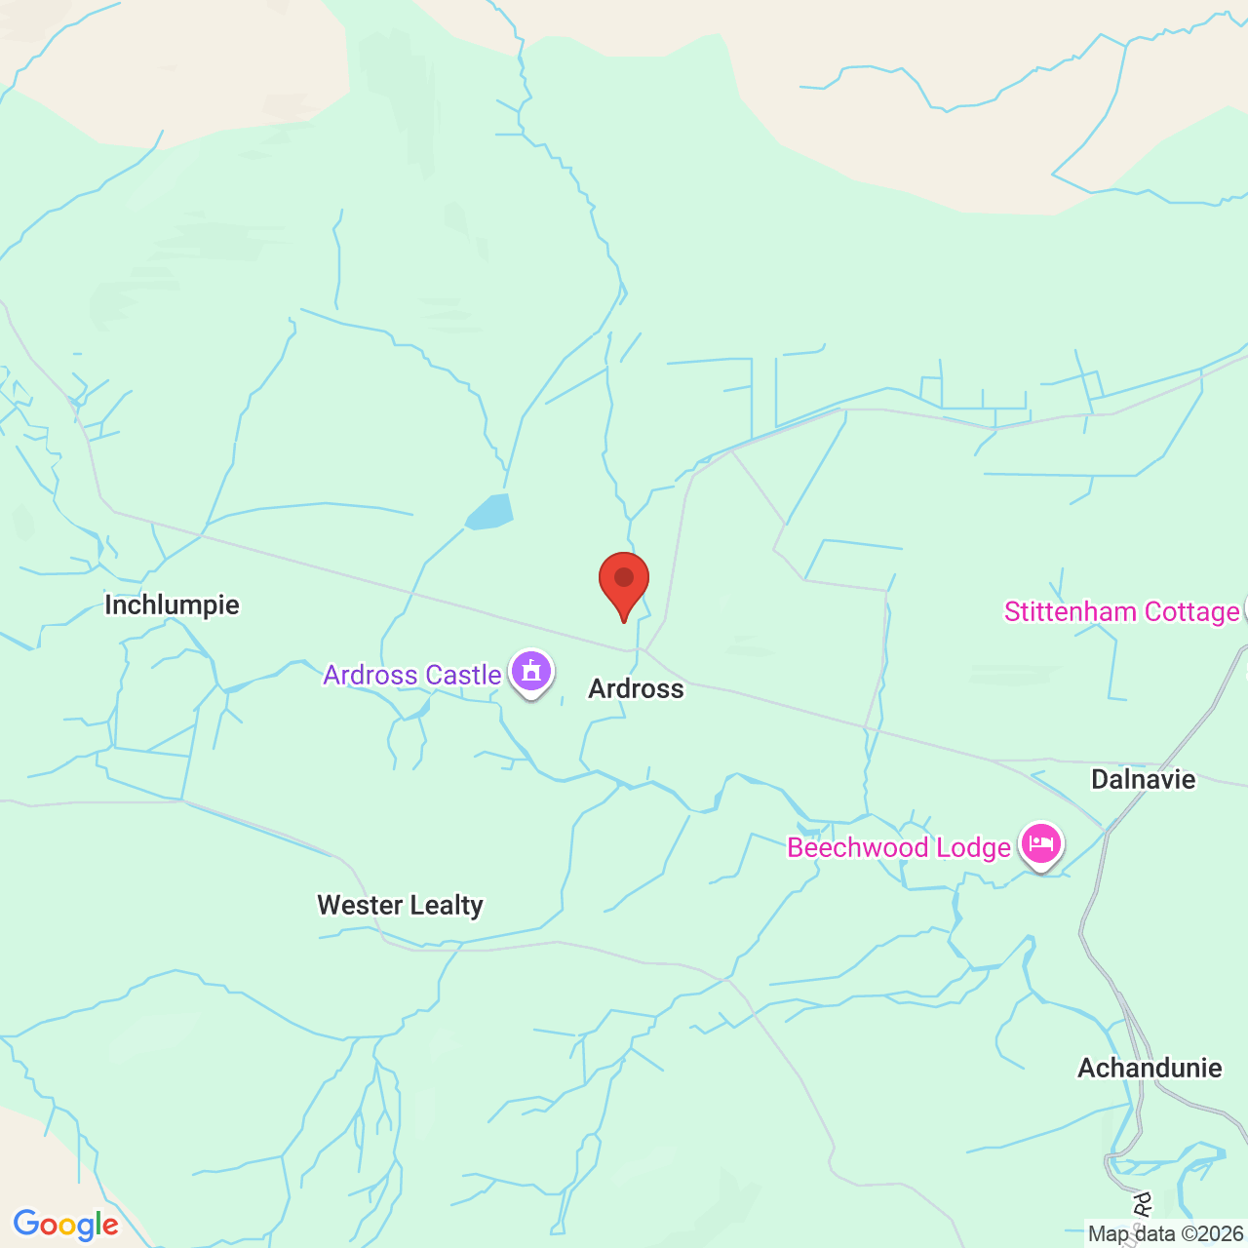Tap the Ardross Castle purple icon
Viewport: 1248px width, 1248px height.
click(x=531, y=672)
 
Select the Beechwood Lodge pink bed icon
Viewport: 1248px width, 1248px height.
click(x=1041, y=844)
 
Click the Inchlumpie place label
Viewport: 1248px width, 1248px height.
click(x=172, y=605)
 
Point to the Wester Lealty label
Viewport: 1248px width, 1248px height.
click(x=400, y=906)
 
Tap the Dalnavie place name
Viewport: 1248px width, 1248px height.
click(x=1143, y=779)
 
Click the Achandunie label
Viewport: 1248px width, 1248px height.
click(x=1150, y=1068)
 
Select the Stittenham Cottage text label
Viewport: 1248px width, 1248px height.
click(x=1121, y=612)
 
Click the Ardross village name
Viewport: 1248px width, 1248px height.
click(x=636, y=689)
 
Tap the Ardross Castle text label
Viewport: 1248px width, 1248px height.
click(x=411, y=675)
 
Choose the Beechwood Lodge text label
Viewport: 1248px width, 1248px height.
click(x=898, y=847)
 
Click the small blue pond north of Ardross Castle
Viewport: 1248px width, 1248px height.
click(x=489, y=512)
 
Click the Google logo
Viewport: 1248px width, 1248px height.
click(x=65, y=1225)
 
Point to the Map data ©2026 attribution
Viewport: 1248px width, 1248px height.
click(x=1165, y=1234)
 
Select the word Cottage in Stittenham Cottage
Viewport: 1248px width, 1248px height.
click(x=1191, y=612)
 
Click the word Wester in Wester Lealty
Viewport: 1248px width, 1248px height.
click(x=360, y=906)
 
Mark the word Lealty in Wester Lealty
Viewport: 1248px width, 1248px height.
click(x=447, y=906)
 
